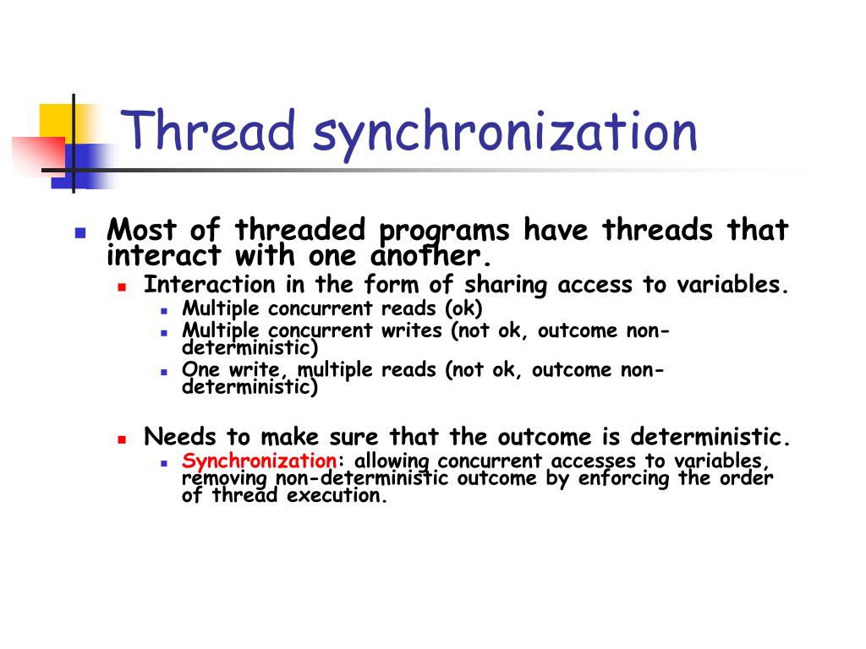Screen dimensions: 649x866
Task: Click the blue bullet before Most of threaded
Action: [x=80, y=232]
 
